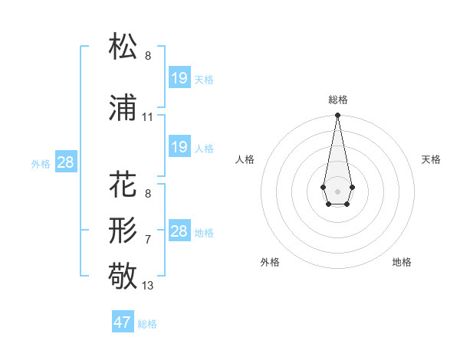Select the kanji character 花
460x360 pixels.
123,185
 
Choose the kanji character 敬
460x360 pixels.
123,275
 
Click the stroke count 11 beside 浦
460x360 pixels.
147,117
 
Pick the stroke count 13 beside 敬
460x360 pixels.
148,286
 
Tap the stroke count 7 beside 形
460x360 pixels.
148,239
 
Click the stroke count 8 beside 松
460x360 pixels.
148,55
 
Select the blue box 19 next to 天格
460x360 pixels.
179,77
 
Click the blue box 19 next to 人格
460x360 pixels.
179,146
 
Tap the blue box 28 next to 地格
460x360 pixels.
179,231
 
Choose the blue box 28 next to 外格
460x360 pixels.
65,162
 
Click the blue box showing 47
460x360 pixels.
123,322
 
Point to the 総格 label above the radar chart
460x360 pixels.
337,100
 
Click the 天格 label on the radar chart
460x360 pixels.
432,159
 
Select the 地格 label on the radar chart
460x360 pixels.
402,262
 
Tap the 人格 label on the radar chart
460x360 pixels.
245,159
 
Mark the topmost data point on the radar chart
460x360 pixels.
337,116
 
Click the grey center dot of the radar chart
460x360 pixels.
337,190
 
